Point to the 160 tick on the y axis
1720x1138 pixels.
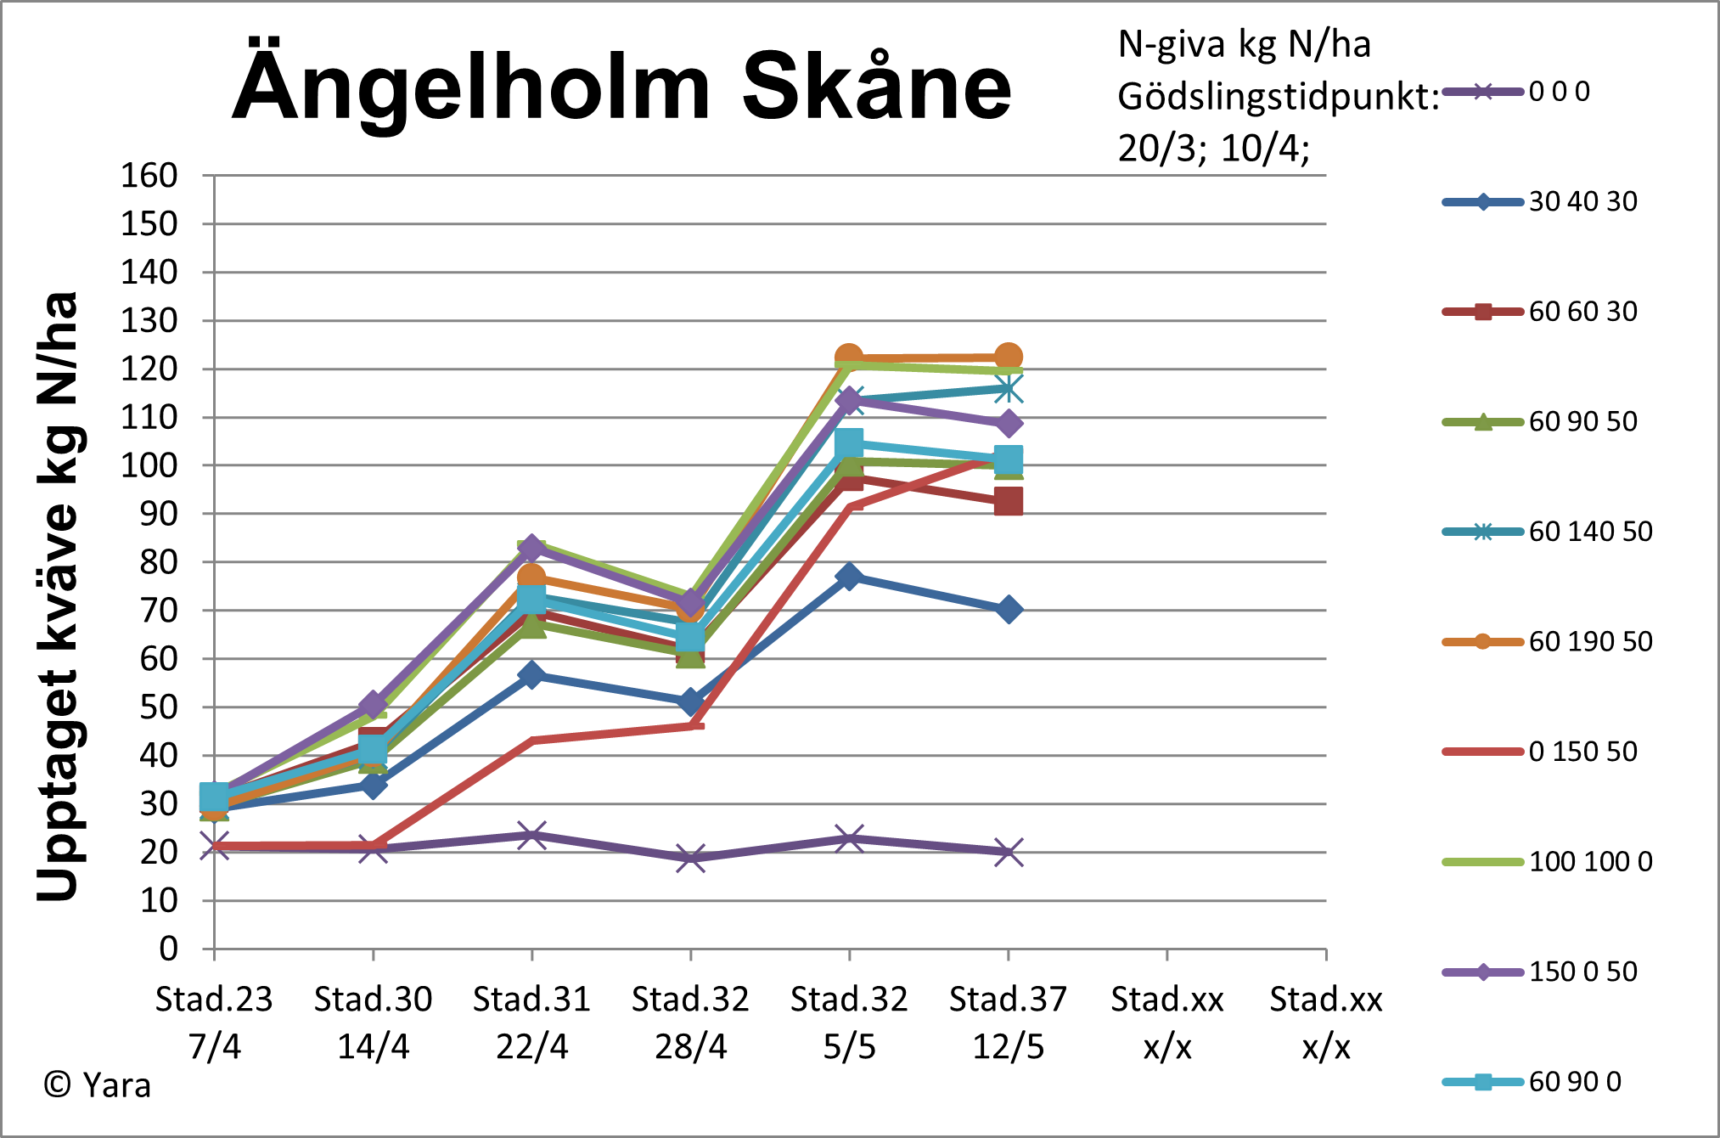[149, 176]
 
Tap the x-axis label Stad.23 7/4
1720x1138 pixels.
[214, 1023]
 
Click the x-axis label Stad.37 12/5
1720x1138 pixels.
[1008, 1023]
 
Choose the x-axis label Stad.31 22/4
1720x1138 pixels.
[531, 1023]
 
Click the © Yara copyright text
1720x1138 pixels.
[97, 1084]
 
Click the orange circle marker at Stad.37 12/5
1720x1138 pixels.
[1008, 358]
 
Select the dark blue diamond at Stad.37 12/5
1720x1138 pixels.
[1008, 610]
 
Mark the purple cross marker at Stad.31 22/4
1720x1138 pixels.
[531, 835]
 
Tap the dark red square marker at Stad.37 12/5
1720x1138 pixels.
[1008, 502]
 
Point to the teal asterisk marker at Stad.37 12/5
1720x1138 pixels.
[1008, 389]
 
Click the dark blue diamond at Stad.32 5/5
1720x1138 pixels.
[849, 577]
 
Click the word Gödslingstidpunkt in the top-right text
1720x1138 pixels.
[1278, 97]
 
